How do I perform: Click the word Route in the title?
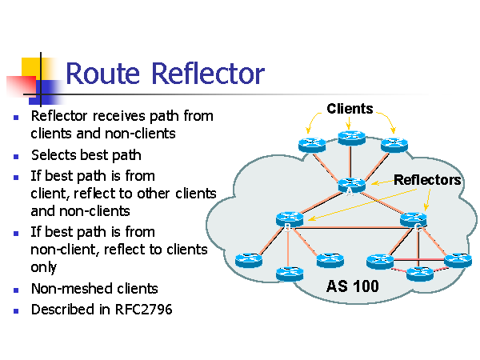[103, 73]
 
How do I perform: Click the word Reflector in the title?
[208, 73]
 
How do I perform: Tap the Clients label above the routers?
[350, 109]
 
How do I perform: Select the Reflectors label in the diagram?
[427, 180]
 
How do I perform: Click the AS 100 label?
[352, 286]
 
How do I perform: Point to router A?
[351, 186]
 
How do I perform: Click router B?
[290, 219]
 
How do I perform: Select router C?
[414, 220]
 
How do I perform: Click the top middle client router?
[351, 138]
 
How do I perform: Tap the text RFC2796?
[143, 310]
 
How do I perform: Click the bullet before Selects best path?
[16, 157]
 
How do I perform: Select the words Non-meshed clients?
[94, 289]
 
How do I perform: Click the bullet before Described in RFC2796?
[16, 311]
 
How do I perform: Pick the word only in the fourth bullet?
[44, 267]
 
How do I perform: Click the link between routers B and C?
[351, 227]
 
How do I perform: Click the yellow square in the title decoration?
[31, 69]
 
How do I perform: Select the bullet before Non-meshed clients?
[16, 290]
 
